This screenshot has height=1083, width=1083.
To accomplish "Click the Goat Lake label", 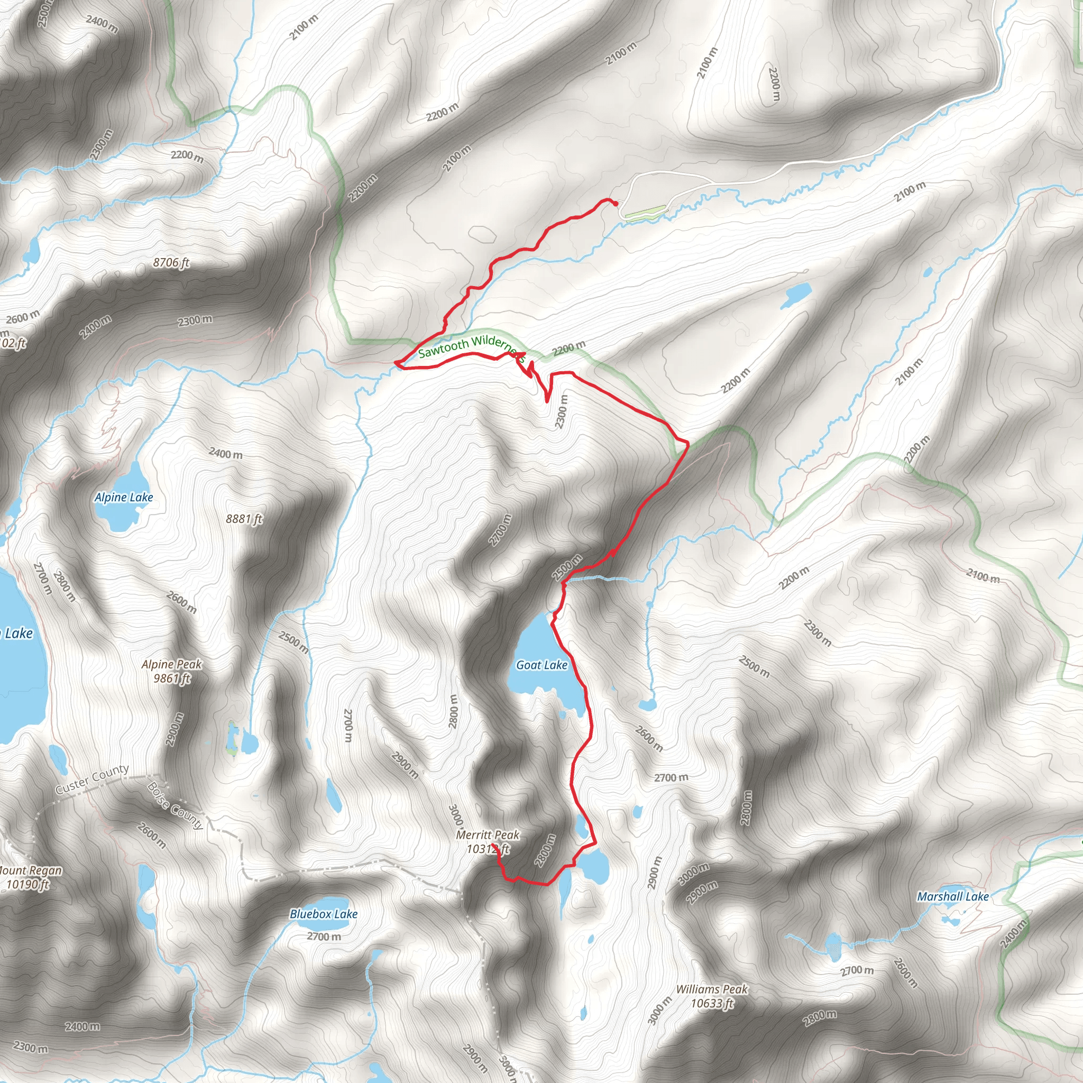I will click(541, 665).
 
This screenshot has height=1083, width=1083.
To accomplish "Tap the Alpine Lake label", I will click(123, 497).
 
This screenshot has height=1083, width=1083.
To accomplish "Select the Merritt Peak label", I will click(487, 834).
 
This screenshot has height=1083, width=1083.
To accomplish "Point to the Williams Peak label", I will click(711, 989).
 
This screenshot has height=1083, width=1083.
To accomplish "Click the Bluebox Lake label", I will click(324, 914).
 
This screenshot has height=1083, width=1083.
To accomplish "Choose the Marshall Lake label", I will click(952, 896).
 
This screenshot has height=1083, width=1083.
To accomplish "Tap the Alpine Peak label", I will click(171, 664).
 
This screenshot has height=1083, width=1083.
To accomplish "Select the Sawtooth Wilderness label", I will click(471, 347).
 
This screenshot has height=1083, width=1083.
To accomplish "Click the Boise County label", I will click(175, 806).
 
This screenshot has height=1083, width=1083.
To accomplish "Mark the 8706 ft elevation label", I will click(171, 262).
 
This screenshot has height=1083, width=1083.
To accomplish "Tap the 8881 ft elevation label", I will click(244, 519).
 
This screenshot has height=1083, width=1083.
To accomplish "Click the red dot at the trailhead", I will click(616, 204).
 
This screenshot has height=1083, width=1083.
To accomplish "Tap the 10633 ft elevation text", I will click(711, 1003).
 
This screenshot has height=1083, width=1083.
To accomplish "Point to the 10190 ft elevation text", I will click(27, 885).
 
